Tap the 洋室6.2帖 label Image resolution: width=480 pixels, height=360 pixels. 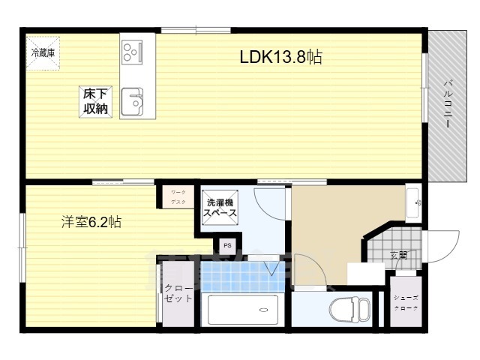91,222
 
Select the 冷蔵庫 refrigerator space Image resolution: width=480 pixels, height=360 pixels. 42,53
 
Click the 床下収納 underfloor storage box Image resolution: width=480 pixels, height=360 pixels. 95,101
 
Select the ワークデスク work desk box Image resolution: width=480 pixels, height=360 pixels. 178,197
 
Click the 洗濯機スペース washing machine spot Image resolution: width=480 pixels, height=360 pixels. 221,208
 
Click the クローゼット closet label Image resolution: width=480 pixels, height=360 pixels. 178,293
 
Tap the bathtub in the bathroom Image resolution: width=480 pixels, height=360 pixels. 241,310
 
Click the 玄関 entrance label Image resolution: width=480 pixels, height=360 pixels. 398,255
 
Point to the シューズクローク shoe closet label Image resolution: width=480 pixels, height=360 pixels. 406,302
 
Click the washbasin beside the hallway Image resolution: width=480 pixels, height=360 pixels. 414,201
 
